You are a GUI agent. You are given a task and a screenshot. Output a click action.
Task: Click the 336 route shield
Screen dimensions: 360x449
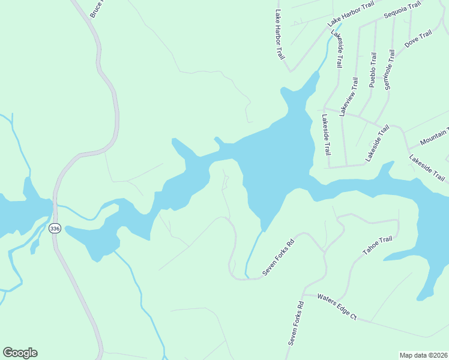click(55, 229)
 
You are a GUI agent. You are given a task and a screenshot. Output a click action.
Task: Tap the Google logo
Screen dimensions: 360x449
click(20, 353)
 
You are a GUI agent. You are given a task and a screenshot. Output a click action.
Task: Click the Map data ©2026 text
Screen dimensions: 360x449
click(424, 355)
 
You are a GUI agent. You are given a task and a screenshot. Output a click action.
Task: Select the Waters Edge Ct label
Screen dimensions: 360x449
click(337, 307)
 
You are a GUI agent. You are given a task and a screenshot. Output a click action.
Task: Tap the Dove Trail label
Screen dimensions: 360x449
click(418, 39)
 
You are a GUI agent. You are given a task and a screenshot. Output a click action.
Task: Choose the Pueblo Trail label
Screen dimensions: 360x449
click(373, 70)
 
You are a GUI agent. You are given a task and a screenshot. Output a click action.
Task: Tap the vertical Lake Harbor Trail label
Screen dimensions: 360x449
click(279, 34)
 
